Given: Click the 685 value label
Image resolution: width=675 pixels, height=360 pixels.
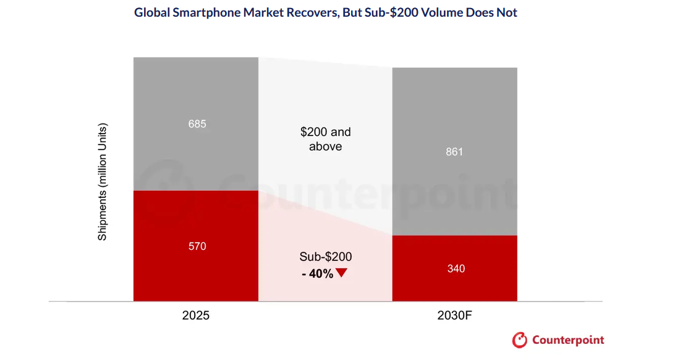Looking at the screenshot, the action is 197,124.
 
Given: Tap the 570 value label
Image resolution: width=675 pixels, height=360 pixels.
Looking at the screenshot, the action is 197,246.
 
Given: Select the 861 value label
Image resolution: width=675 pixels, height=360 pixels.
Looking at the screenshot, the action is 454,152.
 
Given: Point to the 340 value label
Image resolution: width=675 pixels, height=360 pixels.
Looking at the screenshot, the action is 456,268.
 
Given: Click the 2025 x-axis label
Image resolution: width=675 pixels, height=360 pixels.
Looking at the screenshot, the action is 196,315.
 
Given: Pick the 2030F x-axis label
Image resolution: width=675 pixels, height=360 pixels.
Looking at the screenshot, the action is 454,315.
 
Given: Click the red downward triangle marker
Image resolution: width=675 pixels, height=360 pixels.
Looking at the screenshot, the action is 341,273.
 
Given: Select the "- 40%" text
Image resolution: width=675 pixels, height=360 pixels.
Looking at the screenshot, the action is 317,274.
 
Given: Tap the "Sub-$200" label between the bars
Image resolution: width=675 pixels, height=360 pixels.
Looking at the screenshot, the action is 325,257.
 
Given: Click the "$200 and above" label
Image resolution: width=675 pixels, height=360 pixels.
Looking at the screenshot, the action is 325,139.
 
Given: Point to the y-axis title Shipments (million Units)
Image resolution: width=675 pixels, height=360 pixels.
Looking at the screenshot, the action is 102,182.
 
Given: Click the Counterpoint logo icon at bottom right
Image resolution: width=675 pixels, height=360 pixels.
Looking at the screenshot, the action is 520,340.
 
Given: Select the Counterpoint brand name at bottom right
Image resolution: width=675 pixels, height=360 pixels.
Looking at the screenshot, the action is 568,340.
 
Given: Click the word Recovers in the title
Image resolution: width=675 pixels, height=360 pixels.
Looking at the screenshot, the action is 312,12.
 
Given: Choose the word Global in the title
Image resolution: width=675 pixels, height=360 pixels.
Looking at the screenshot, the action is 152,12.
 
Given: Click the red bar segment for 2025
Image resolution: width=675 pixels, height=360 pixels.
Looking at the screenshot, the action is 196,246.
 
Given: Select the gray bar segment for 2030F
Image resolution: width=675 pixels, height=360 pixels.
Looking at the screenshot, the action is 454,152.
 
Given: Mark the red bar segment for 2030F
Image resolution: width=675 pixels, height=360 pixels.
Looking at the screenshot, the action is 454,268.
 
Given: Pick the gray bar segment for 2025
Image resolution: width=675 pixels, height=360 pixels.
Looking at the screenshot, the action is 196,124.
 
